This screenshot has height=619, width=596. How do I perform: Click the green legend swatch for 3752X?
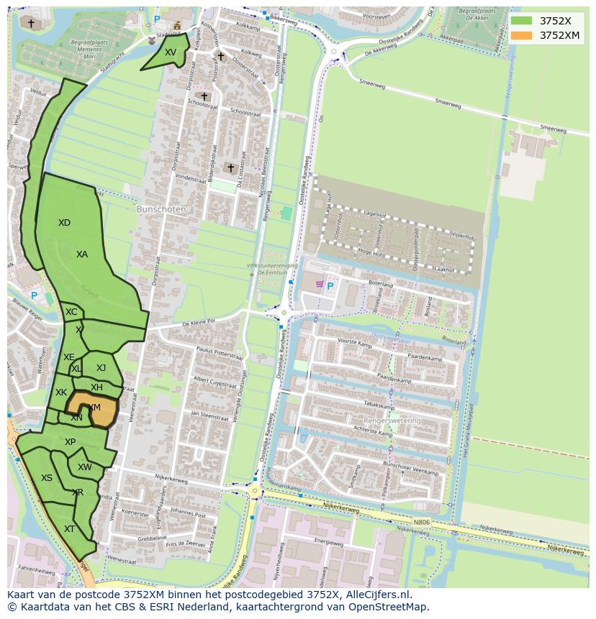(522, 21)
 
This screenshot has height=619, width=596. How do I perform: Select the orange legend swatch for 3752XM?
(522, 35)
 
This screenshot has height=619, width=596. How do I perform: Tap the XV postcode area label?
(170, 52)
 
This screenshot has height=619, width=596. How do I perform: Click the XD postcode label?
(64, 223)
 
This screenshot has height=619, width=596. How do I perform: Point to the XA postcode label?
(82, 255)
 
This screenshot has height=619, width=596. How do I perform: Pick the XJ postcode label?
(101, 368)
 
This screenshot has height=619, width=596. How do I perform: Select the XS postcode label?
(46, 478)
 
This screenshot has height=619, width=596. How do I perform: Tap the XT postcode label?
(69, 529)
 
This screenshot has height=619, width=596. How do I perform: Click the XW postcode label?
(85, 467)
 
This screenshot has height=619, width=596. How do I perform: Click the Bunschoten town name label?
(161, 209)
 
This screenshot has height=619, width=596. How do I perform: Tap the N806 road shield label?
(423, 523)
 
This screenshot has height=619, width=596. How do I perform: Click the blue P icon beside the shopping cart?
(330, 286)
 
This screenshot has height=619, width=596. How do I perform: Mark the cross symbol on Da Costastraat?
(231, 168)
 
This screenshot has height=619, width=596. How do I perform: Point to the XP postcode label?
(70, 442)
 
